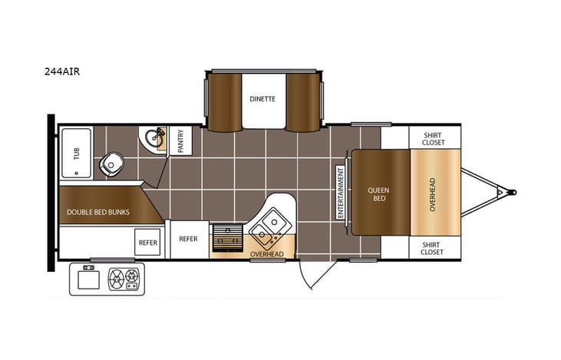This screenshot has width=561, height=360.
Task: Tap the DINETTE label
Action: pos(262,99)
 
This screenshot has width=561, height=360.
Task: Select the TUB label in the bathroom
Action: pos(75,154)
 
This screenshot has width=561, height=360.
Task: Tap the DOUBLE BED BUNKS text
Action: pos(98,212)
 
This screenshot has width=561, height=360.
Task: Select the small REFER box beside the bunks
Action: pos(148,243)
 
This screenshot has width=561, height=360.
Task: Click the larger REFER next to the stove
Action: pos(188,239)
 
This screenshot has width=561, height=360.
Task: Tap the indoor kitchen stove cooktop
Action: pos(226,238)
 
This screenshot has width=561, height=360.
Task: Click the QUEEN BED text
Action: pos(376,193)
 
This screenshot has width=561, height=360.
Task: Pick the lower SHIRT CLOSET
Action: pos(432,247)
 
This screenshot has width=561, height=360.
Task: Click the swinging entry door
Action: pos(311,274)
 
